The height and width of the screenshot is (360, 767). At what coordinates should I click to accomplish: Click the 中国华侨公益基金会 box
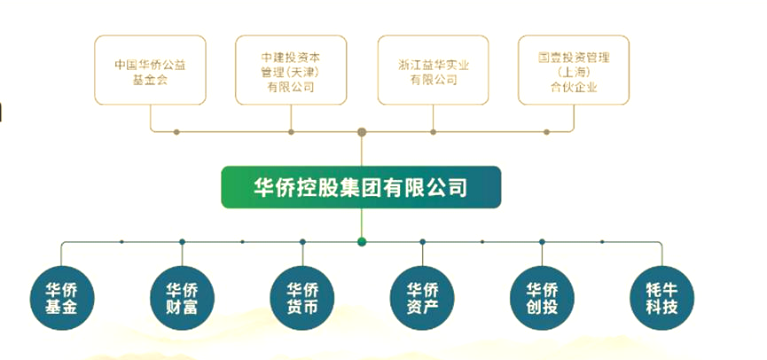point(150,70)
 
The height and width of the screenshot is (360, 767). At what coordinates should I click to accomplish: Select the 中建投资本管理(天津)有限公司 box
point(291,70)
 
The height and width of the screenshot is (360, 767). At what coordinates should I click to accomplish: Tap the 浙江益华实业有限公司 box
point(433,70)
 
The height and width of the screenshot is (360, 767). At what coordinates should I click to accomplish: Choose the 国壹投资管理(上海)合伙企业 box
point(574,70)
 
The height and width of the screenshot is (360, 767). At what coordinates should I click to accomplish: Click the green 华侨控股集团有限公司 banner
point(361,187)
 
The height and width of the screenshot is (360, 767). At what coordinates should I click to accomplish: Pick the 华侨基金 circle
point(62,298)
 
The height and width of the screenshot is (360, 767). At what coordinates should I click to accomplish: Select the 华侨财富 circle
point(182,298)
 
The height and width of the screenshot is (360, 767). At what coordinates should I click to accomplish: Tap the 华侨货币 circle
point(302,298)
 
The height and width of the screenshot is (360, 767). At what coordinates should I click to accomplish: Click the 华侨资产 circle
point(422,298)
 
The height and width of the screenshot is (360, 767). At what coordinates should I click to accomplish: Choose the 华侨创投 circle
point(542,298)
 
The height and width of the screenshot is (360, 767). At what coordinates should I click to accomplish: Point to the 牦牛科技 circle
point(661,298)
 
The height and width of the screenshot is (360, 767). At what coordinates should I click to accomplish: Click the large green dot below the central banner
point(362,242)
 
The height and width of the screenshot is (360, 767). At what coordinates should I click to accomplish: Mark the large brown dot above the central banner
point(362,132)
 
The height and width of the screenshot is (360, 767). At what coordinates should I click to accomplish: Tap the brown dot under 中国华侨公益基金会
point(176,132)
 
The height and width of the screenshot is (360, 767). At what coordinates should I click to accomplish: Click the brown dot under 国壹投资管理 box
point(547,132)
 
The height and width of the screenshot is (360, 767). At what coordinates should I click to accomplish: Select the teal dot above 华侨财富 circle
point(182,242)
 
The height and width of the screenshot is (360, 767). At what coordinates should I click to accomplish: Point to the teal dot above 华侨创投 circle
point(542,242)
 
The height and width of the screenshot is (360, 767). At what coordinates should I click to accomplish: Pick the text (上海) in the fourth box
point(575,73)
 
